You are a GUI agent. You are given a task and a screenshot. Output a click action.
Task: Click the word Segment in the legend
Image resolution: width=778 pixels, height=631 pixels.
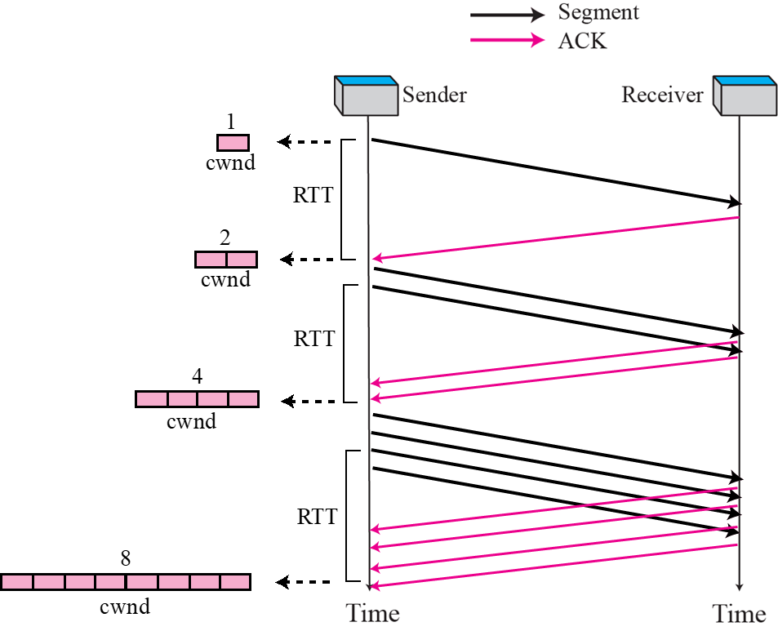(x=598, y=12)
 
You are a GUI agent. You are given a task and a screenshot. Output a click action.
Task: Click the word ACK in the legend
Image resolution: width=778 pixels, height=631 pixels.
(x=582, y=41)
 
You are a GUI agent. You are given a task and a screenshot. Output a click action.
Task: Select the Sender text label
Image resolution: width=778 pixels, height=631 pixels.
(x=434, y=95)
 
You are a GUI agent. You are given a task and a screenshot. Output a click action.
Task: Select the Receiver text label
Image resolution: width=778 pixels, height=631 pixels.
(x=662, y=95)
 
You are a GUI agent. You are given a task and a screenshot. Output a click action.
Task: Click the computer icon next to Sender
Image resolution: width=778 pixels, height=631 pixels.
(x=365, y=96)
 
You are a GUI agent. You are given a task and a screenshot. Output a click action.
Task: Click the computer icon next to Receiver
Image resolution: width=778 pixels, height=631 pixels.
(x=745, y=96)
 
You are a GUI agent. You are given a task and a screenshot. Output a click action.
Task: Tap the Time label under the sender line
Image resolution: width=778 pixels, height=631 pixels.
(x=373, y=613)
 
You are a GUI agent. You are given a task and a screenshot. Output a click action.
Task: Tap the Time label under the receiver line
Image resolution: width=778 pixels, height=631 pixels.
(x=740, y=614)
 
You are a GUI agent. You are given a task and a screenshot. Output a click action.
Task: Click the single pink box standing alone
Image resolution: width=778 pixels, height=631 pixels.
(x=233, y=143)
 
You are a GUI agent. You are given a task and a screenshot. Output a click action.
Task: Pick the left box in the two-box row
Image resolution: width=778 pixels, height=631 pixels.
(x=211, y=260)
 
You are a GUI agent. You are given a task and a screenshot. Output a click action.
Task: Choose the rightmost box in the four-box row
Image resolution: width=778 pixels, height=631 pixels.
(x=243, y=399)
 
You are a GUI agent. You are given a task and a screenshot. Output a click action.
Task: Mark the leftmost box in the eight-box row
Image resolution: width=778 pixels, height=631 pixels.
(x=17, y=582)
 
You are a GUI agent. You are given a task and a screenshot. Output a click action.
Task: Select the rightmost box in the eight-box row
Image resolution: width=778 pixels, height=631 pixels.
(x=235, y=582)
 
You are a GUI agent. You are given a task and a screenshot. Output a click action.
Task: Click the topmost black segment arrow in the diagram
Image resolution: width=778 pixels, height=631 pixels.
(x=555, y=171)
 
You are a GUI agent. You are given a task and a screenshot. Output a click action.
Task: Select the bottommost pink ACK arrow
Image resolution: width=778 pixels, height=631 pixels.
(x=555, y=565)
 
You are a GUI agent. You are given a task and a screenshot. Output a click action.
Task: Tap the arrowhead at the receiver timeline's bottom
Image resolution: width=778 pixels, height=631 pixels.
(x=739, y=584)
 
